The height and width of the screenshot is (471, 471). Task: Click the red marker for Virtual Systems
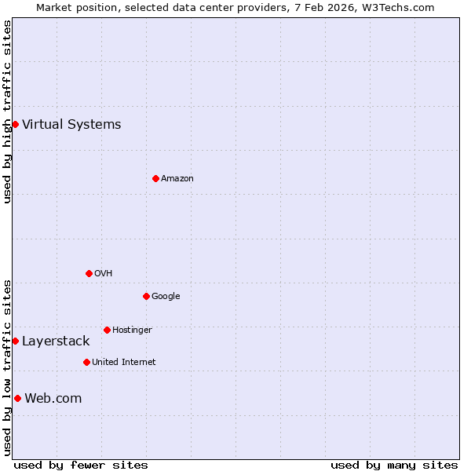[15, 124]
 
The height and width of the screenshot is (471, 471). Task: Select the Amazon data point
[155, 178]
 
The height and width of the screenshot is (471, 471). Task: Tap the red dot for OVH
[89, 273]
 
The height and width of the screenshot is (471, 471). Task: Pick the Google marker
[146, 296]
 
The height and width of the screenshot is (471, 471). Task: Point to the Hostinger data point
[107, 330]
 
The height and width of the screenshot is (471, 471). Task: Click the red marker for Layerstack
[15, 341]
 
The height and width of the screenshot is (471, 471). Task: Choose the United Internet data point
[86, 362]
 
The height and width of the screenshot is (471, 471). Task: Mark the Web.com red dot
[17, 398]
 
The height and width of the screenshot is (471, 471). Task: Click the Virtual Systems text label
[71, 124]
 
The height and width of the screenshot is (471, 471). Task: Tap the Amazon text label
[177, 178]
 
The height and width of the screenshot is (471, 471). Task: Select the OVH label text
[103, 273]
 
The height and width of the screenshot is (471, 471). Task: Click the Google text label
[166, 296]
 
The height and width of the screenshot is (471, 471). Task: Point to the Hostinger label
[132, 330]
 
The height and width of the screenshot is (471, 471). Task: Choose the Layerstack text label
[56, 341]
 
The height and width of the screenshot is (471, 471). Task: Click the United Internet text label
[124, 362]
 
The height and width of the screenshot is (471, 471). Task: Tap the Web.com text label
[53, 398]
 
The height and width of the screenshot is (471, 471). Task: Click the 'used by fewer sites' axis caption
[81, 465]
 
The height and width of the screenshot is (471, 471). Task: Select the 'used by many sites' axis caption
[394, 465]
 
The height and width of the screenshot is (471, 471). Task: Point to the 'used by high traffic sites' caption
[7, 111]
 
